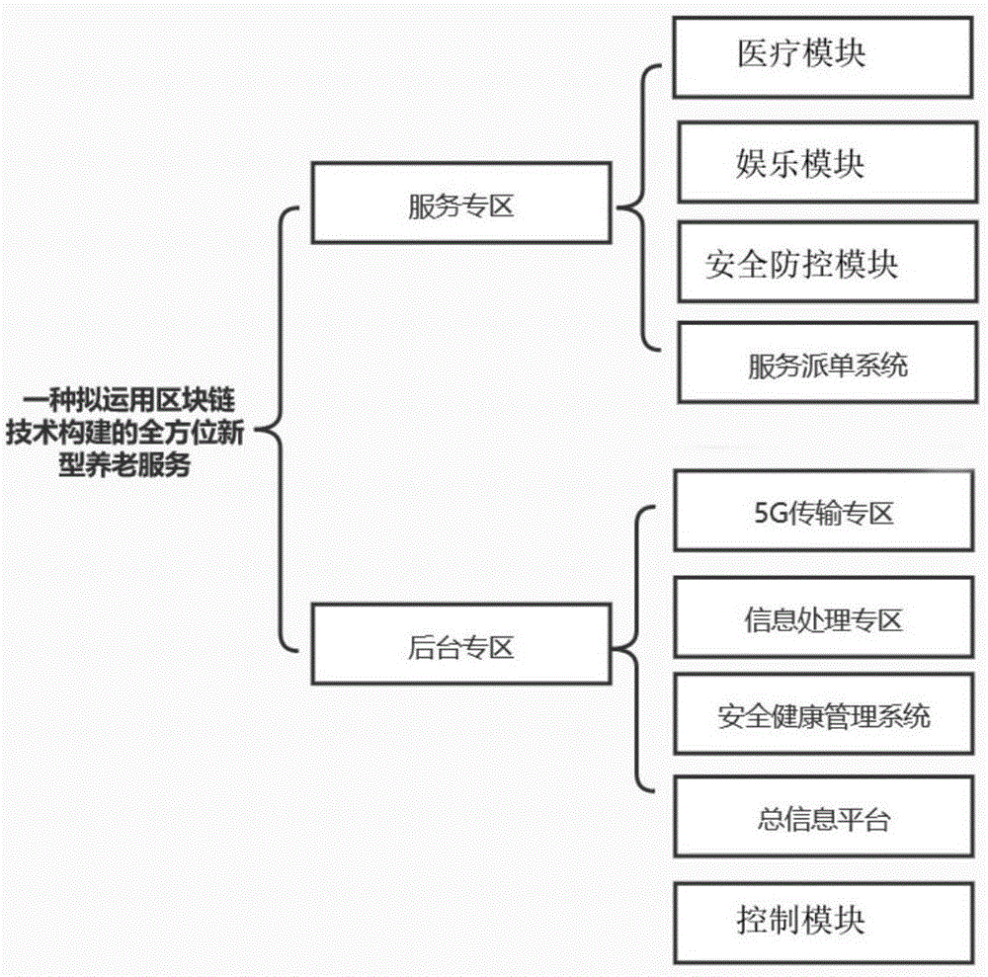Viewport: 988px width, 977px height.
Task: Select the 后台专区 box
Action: (x=460, y=647)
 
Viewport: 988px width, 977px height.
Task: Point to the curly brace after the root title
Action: (x=280, y=430)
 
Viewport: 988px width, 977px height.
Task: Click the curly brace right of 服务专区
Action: (x=637, y=206)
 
